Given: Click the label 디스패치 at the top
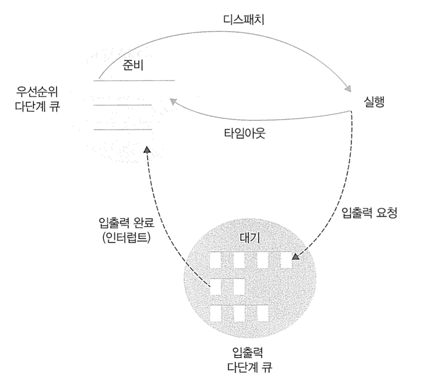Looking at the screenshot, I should pyautogui.click(x=243, y=20).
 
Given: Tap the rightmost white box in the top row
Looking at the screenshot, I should pyautogui.click(x=287, y=260).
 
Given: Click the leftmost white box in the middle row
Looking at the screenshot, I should pyautogui.click(x=215, y=287).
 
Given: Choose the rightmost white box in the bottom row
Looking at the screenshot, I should pyautogui.click(x=263, y=313).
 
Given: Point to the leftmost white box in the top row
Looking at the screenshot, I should pyautogui.click(x=215, y=260).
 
